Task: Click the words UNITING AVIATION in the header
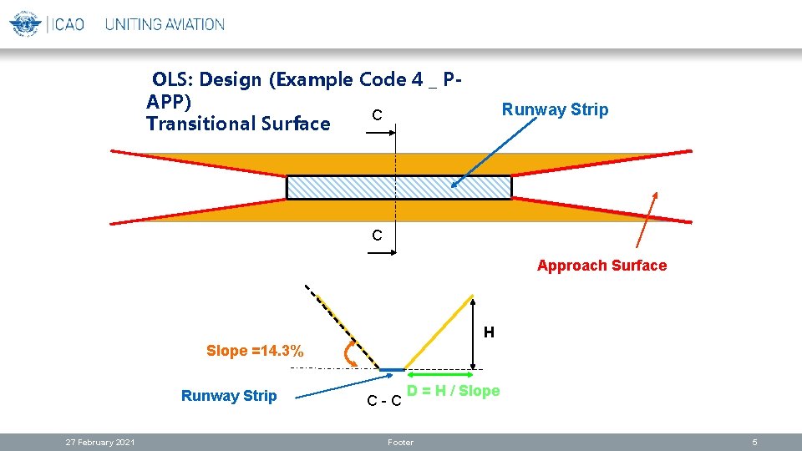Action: (165, 24)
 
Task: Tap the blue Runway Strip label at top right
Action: (555, 109)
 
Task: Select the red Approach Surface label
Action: (601, 266)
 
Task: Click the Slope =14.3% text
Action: (255, 350)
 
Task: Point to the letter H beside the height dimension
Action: (489, 332)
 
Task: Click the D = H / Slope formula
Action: (453, 391)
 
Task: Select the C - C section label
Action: (384, 403)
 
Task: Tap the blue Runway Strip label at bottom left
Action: (229, 396)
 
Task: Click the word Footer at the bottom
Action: (401, 443)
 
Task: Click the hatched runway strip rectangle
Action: (398, 187)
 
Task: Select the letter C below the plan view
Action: (378, 236)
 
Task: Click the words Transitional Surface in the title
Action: (238, 124)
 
